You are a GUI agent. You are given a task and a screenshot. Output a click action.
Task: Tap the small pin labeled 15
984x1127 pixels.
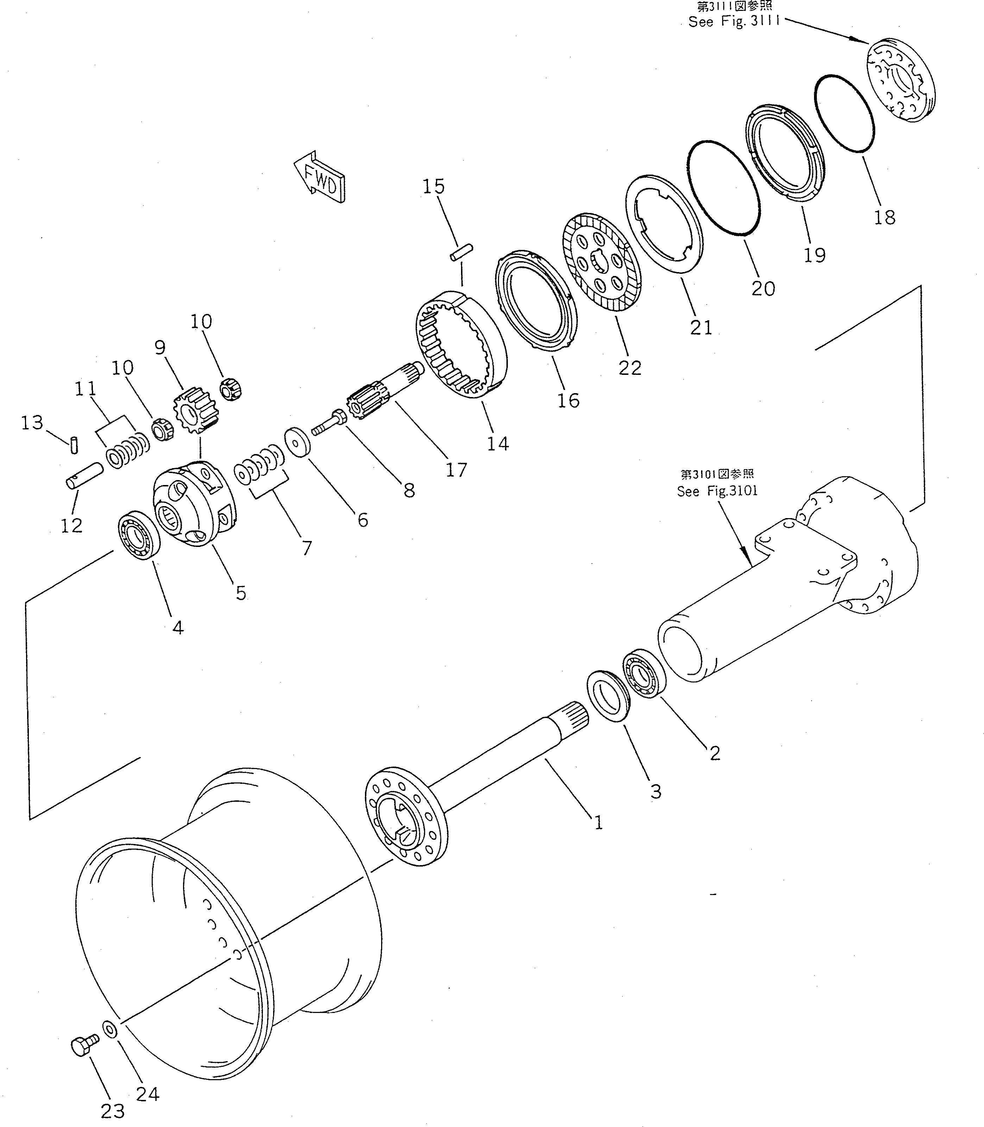[x=461, y=254]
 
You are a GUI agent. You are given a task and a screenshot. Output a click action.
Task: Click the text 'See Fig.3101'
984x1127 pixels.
[x=717, y=491]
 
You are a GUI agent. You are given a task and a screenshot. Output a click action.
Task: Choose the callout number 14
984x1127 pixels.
[x=498, y=443]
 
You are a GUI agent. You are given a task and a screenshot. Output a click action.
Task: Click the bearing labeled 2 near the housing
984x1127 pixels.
[x=644, y=673]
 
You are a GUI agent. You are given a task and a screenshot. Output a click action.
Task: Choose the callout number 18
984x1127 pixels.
[x=885, y=218]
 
